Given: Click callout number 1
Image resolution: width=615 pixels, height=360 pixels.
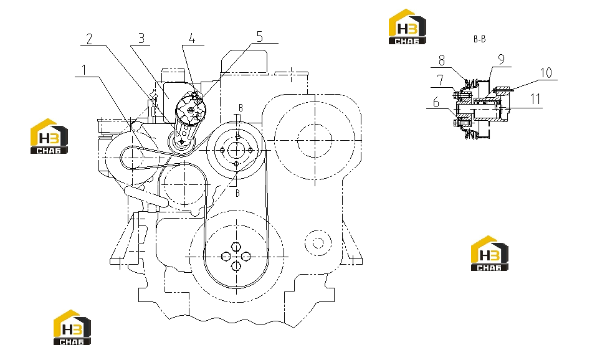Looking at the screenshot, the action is (x=83, y=70).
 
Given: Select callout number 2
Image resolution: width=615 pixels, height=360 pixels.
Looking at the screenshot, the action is (x=90, y=39).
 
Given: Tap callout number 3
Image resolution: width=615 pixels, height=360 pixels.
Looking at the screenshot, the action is (x=141, y=38).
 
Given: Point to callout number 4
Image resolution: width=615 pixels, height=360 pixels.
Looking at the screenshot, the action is (x=192, y=39).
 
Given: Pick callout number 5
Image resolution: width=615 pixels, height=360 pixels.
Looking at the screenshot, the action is (x=260, y=37).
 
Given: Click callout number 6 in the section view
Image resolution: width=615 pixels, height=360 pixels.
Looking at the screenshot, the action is (x=436, y=103).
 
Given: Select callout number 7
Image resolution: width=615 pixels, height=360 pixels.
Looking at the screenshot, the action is (x=441, y=80).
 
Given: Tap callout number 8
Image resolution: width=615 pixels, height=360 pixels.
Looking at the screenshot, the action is (x=442, y=60).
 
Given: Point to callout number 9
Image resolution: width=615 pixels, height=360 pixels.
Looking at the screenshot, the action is (x=501, y=60).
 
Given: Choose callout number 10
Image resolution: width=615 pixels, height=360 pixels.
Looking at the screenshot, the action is (x=546, y=73).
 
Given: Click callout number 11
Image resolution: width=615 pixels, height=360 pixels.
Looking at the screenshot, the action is (x=536, y=99).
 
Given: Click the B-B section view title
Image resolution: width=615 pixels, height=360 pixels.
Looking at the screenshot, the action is (x=479, y=39).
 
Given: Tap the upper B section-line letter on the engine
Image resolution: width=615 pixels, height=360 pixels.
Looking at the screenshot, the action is (x=241, y=108).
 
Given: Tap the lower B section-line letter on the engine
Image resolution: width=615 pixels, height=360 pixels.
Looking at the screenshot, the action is (x=237, y=193).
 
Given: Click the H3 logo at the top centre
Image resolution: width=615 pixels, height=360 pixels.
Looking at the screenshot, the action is (x=407, y=27).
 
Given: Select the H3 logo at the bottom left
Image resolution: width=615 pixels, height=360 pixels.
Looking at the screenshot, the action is (x=72, y=328).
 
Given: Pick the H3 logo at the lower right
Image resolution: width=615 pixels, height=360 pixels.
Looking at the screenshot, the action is (x=490, y=253).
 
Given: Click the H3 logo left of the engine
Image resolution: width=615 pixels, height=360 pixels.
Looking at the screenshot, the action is (x=49, y=136).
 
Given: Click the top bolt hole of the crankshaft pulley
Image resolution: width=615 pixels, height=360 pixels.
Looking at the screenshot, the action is (x=236, y=247).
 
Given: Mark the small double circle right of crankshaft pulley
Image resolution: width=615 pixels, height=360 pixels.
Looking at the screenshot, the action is (x=318, y=243).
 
